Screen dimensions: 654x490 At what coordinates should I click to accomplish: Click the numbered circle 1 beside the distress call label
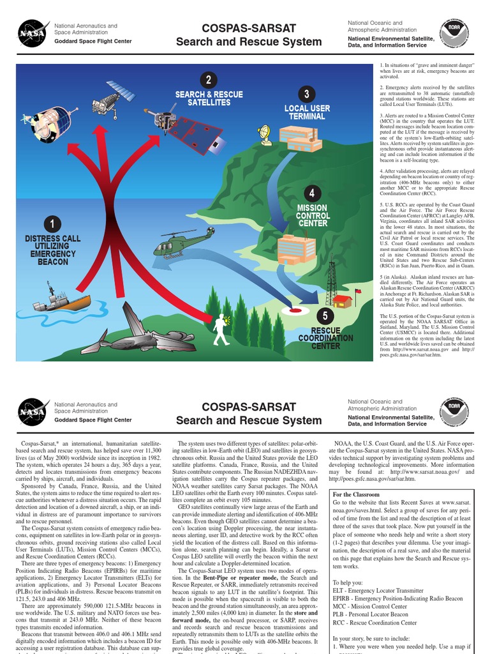click(x=52, y=224)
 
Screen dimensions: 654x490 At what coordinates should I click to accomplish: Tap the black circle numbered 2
click(x=208, y=80)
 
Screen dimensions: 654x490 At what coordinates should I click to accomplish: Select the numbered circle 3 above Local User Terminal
click(x=307, y=95)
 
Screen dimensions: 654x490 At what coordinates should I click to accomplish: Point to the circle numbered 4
click(x=311, y=193)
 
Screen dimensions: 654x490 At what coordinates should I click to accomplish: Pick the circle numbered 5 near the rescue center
click(x=325, y=316)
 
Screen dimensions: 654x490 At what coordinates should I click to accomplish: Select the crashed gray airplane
click(x=140, y=332)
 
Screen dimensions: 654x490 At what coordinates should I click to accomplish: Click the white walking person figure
click(x=221, y=329)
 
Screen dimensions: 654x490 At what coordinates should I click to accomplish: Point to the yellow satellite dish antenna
click(x=265, y=134)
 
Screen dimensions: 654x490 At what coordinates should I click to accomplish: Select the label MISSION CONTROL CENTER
click(x=312, y=215)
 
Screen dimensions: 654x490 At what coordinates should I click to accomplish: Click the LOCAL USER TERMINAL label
click(x=307, y=112)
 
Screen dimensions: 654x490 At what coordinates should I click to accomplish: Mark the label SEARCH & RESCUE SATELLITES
click(x=209, y=98)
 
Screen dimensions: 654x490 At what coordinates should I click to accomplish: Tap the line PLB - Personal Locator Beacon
click(x=371, y=614)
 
